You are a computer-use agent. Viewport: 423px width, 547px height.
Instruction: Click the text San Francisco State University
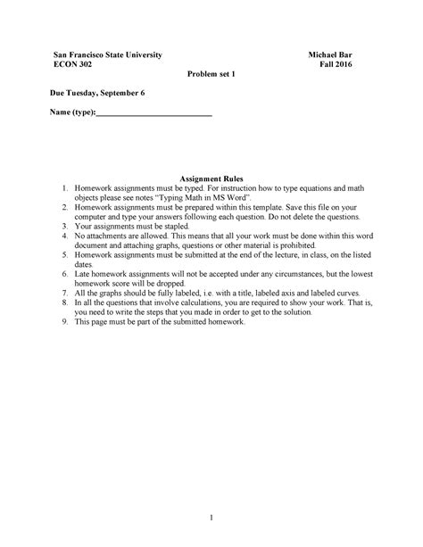[x=105, y=55]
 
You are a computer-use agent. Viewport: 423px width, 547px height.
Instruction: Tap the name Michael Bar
[x=338, y=55]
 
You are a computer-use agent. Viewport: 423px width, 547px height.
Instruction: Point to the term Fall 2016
[x=346, y=66]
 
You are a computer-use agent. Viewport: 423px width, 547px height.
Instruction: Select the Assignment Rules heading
[x=211, y=178]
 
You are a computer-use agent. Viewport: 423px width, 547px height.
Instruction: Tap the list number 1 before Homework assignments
[x=64, y=189]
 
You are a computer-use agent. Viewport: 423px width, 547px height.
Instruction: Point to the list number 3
[x=64, y=227]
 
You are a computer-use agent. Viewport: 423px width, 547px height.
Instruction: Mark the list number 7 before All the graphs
[x=64, y=302]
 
